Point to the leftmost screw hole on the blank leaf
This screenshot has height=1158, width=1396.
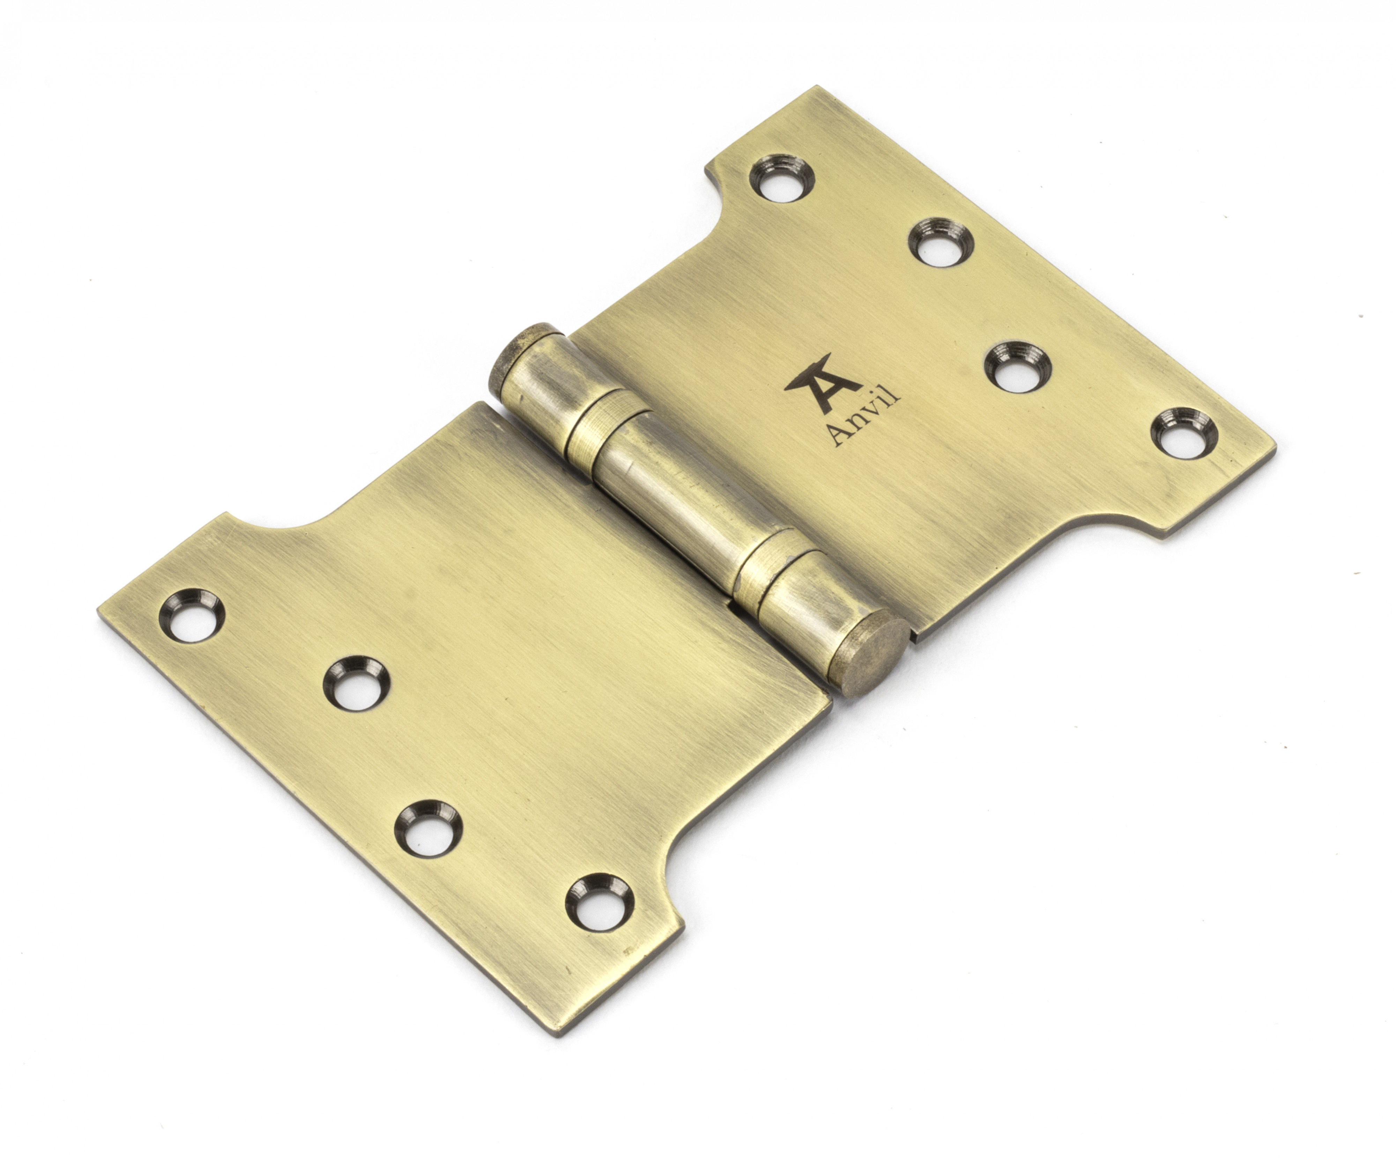tap(190, 615)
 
